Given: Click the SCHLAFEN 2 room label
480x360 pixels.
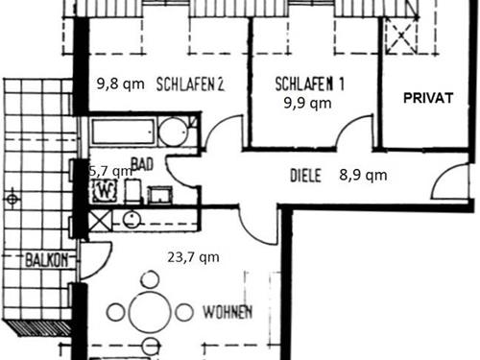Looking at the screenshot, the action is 190,84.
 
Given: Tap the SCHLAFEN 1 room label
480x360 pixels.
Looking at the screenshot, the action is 309,84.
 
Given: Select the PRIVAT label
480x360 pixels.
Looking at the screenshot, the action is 428,98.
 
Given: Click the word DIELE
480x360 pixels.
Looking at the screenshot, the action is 305,176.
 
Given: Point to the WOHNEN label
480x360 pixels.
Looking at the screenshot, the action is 228,312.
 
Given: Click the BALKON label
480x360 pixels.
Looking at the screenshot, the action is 47,260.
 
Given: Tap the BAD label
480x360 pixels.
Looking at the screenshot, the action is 142,164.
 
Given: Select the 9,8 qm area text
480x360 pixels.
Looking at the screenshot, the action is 121,84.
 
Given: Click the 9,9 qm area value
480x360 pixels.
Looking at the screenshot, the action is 307,103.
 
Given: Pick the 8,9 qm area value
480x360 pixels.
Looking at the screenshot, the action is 363,175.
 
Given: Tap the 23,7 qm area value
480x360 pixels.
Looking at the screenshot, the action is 193,257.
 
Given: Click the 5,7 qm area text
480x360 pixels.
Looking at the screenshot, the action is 110,172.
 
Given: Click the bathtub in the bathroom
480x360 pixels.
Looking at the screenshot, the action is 123,132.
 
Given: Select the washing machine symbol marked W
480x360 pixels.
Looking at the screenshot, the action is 105,191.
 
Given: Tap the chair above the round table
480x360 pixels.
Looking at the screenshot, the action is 150,279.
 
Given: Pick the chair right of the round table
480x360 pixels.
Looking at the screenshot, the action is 184,312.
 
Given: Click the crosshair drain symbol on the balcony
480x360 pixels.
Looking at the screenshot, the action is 12,200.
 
